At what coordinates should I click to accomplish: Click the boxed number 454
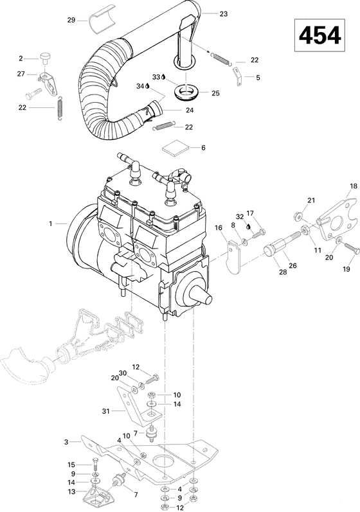pos(319,37)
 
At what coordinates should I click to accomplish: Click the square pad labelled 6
pos(172,147)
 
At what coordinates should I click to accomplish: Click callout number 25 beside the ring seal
pos(215,93)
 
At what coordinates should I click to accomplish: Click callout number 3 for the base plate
pos(66,442)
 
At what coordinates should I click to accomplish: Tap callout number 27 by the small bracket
pos(21,74)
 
